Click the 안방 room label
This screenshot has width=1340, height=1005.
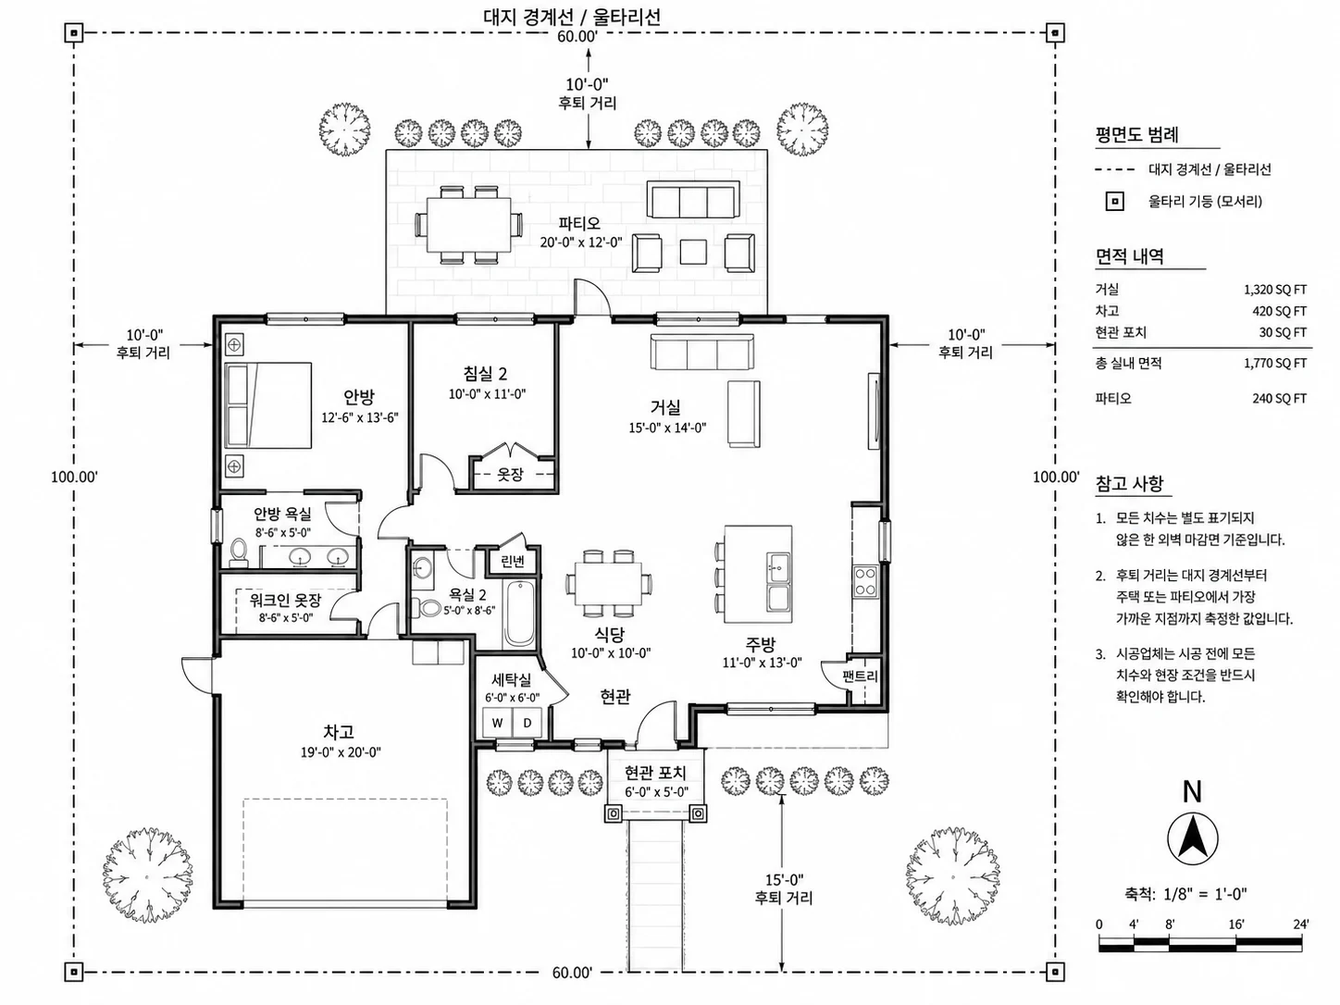tap(358, 397)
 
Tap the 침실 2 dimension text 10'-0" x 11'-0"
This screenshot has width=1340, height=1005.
tap(487, 394)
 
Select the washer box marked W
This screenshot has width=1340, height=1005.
tap(497, 723)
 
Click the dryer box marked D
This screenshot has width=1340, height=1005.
tap(527, 723)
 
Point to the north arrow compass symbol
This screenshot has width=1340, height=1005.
tap(1192, 838)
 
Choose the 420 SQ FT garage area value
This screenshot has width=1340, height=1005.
tap(1280, 311)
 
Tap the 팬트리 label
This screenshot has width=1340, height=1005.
tap(860, 676)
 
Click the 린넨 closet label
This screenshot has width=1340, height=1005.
tap(512, 562)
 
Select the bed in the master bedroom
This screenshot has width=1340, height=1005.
tap(268, 405)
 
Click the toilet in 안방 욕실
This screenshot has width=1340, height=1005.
tap(238, 552)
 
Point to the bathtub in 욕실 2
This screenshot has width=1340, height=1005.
tap(519, 613)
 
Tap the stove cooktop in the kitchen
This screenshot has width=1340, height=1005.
tap(865, 581)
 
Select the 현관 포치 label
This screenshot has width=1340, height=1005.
tap(655, 773)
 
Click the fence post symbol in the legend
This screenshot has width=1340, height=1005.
tap(1115, 202)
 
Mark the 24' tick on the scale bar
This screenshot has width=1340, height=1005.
tap(1301, 924)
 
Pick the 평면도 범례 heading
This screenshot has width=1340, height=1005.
tap(1136, 134)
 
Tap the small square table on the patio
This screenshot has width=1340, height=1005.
tap(693, 252)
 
